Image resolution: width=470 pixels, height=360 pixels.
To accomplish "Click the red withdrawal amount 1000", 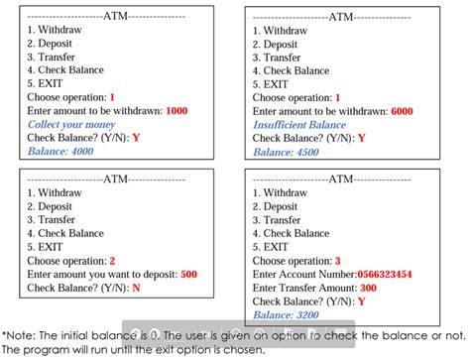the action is pos(176,111).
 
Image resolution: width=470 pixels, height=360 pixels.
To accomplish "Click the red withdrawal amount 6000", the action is pos(402,111).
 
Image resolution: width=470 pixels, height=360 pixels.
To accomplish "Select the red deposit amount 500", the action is pos(188,275).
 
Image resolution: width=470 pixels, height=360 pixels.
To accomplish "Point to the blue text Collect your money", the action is pos(71,125).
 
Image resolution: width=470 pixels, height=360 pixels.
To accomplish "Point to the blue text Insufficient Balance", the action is pos(298,125).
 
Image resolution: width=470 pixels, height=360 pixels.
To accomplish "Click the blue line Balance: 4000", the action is pos(60,152).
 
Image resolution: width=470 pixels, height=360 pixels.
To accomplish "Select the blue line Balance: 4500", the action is pos(286,152).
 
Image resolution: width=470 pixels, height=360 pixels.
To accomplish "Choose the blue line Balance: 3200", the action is pos(286,315).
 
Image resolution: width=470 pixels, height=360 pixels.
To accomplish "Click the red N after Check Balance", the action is pos(136,288).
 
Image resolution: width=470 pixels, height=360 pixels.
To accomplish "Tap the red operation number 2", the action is pos(112,261).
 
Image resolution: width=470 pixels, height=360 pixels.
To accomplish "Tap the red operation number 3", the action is pos(337,261).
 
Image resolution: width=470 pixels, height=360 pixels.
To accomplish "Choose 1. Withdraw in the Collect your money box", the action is pos(58,31).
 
